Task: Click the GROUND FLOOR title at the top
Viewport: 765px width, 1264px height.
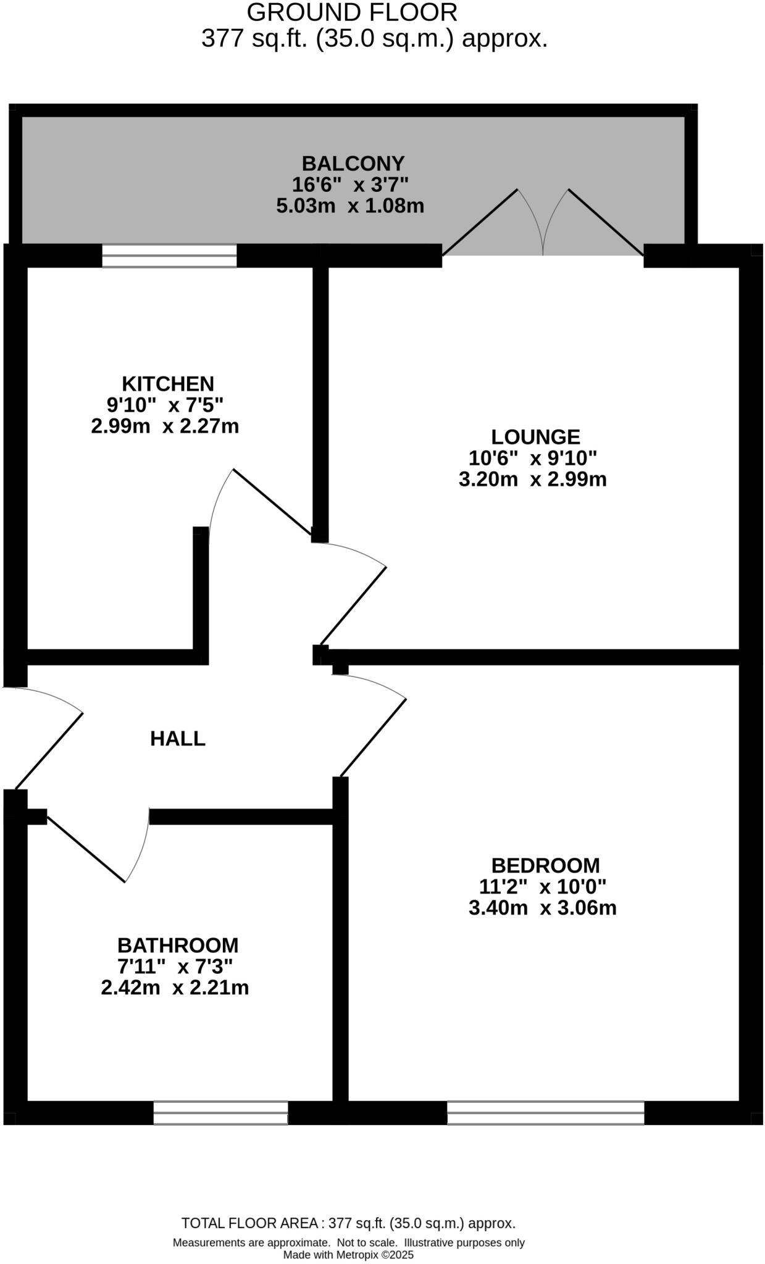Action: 352,12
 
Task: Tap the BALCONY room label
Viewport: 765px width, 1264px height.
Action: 353,164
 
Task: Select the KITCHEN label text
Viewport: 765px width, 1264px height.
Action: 168,384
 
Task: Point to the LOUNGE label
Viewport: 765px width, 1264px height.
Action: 535,437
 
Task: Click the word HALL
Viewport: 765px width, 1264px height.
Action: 178,738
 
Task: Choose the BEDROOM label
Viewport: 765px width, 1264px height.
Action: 545,865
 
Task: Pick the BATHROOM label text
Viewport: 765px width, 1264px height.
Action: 178,945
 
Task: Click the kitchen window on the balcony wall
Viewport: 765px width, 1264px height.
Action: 169,256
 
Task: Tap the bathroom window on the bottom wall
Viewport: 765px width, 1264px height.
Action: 220,1113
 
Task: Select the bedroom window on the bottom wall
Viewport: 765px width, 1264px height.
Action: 545,1113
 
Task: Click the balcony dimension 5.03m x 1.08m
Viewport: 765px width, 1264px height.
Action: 350,206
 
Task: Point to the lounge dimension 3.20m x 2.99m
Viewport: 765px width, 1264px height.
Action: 532,479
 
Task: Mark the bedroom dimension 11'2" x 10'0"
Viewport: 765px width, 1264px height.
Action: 543,887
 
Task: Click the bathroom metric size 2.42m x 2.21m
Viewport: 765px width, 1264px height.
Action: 175,987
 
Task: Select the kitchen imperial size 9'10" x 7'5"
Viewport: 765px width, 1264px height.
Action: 165,405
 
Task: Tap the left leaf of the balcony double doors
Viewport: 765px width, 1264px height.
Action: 480,222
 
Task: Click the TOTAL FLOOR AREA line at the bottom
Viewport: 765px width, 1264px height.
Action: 348,1223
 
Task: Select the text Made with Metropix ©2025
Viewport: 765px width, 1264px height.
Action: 348,1255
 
